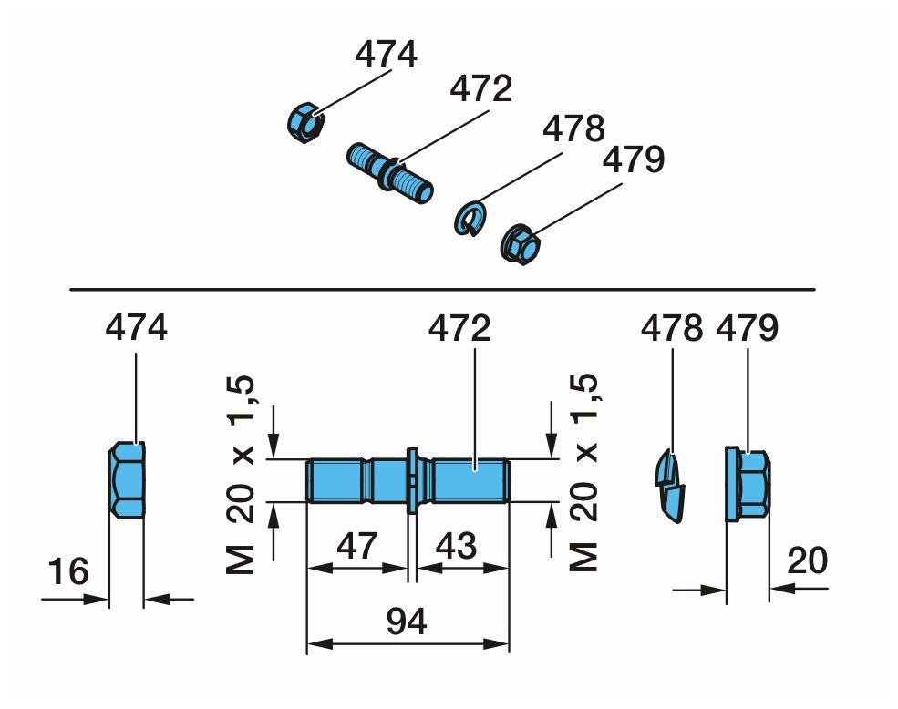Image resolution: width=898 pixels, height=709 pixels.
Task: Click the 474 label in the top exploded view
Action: pyautogui.click(x=386, y=55)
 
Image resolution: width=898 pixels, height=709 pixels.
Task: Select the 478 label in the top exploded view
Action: pyautogui.click(x=573, y=128)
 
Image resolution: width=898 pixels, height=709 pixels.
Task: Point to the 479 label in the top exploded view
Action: pyautogui.click(x=634, y=161)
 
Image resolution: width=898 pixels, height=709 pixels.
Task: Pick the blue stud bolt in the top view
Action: pyautogui.click(x=390, y=172)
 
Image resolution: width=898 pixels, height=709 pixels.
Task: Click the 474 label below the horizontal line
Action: pyautogui.click(x=137, y=328)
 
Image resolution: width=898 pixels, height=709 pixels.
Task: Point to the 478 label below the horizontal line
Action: pyautogui.click(x=672, y=328)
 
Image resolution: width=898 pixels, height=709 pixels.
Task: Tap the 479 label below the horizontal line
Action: pyautogui.click(x=748, y=328)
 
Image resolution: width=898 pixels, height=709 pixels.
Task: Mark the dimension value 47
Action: pyautogui.click(x=356, y=547)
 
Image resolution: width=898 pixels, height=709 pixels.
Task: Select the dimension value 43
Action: pyautogui.click(x=457, y=547)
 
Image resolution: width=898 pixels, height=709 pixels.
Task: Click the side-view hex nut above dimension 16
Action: pyautogui.click(x=127, y=480)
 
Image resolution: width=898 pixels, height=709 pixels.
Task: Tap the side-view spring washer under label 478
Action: pyautogui.click(x=671, y=483)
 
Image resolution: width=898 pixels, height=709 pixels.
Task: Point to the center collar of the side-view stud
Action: pyautogui.click(x=412, y=480)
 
